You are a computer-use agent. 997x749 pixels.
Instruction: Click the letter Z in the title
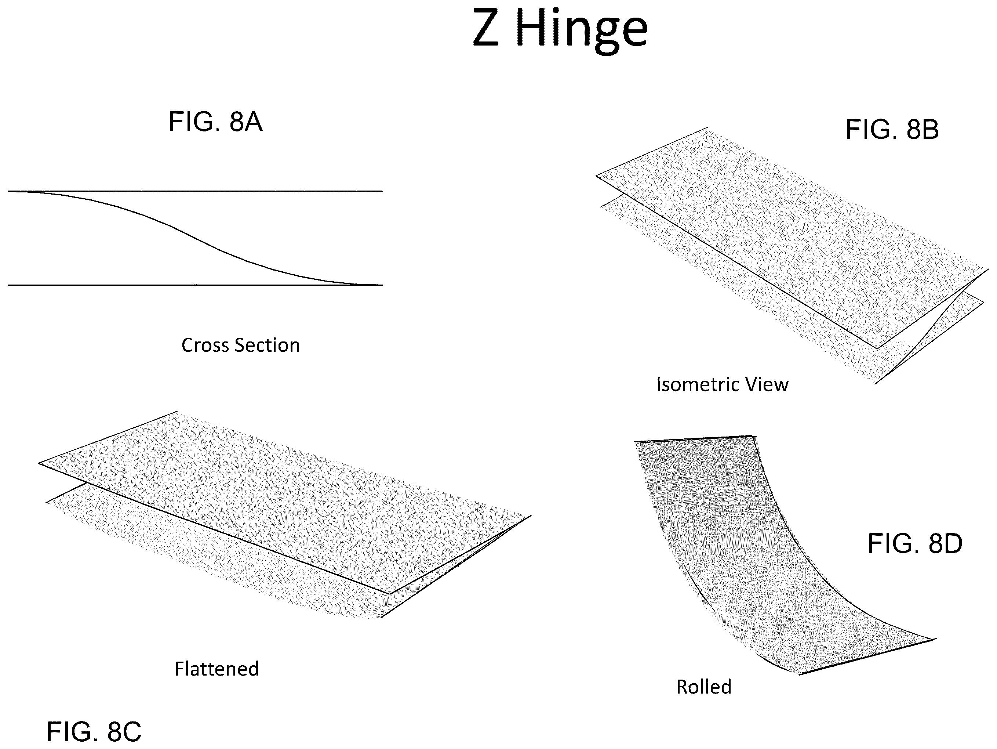(x=486, y=28)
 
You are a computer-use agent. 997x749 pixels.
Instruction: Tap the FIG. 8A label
(x=215, y=122)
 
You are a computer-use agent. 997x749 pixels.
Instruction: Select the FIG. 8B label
(x=892, y=130)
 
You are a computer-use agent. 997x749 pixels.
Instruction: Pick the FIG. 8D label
(x=915, y=544)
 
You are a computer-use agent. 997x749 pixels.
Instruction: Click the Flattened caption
(x=217, y=669)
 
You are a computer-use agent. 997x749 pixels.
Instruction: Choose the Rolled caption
(x=703, y=687)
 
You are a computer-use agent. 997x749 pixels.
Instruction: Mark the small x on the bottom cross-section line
(x=195, y=285)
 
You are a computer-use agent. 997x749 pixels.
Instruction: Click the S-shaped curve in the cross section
(x=195, y=238)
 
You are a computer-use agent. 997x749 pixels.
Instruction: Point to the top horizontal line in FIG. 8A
(x=195, y=191)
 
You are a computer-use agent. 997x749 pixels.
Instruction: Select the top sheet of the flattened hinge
(x=284, y=500)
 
